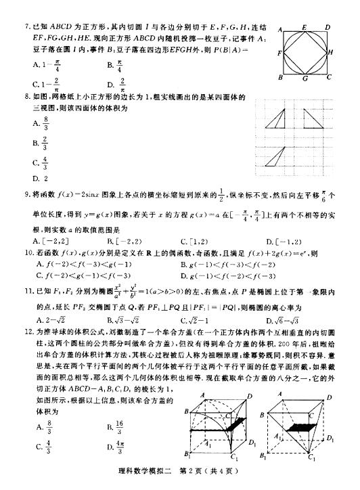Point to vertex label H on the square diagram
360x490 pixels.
(330, 51)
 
